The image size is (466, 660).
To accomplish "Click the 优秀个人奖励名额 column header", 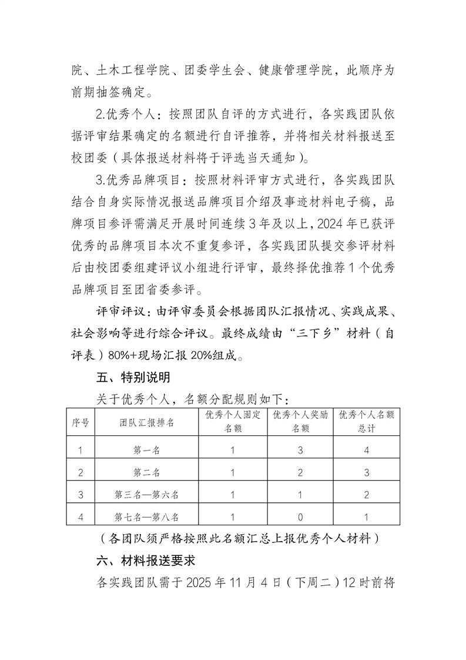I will [300, 422].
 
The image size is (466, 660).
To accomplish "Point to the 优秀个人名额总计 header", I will [366, 422].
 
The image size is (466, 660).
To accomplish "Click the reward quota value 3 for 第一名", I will [300, 451].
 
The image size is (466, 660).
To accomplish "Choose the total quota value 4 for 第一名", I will [366, 451].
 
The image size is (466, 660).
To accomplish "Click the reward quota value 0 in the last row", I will [300, 517].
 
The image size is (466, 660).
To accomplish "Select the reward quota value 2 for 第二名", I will [300, 472].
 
